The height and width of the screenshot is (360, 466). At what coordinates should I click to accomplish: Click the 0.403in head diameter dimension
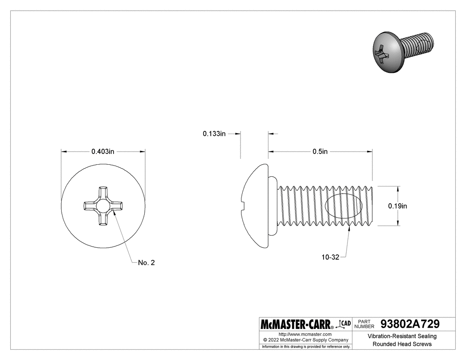pyautogui.click(x=103, y=152)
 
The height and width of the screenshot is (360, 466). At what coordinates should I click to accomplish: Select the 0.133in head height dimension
pyautogui.click(x=214, y=133)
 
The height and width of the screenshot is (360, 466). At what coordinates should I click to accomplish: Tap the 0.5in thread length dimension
pyautogui.click(x=320, y=152)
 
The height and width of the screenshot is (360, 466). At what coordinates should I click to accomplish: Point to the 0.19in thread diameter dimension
pyautogui.click(x=398, y=206)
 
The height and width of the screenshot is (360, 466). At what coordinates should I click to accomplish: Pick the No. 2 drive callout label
pyautogui.click(x=146, y=263)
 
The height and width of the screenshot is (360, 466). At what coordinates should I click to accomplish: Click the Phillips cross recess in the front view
pyautogui.click(x=103, y=206)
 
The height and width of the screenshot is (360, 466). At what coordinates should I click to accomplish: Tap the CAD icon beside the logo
pyautogui.click(x=344, y=324)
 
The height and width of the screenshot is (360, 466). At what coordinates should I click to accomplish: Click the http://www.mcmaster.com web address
pyautogui.click(x=305, y=334)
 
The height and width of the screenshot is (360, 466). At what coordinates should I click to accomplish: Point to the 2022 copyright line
pyautogui.click(x=305, y=340)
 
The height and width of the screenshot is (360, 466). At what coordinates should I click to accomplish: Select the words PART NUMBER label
pyautogui.click(x=365, y=324)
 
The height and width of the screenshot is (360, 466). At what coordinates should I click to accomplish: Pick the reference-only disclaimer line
pyautogui.click(x=306, y=346)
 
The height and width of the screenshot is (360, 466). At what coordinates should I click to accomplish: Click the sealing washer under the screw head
pyautogui.click(x=273, y=206)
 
